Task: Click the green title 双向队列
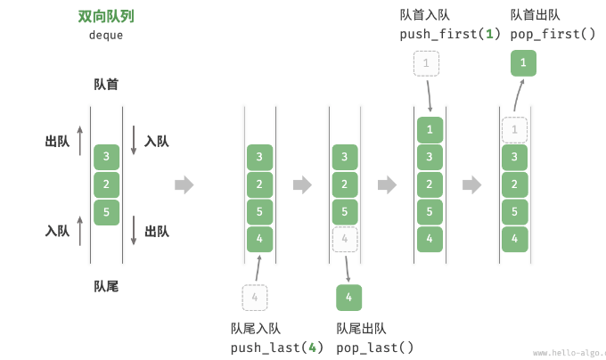106,16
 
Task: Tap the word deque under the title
106,36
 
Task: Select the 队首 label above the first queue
106,85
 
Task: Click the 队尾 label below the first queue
106,286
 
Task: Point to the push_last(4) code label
277,347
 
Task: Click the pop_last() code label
375,347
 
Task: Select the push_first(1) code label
450,34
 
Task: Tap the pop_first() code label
553,34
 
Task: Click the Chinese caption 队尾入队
256,328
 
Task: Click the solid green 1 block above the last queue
524,63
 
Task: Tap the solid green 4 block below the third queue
349,297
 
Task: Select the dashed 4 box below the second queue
255,297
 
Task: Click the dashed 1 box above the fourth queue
426,63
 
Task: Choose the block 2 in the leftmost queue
106,185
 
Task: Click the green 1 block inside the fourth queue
430,130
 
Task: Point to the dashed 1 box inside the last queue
514,130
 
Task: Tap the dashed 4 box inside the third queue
345,239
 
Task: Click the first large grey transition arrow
184,185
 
